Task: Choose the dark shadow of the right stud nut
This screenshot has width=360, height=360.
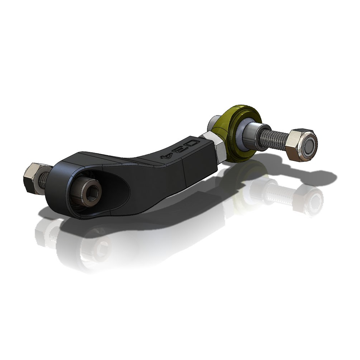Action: pos(317,176)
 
